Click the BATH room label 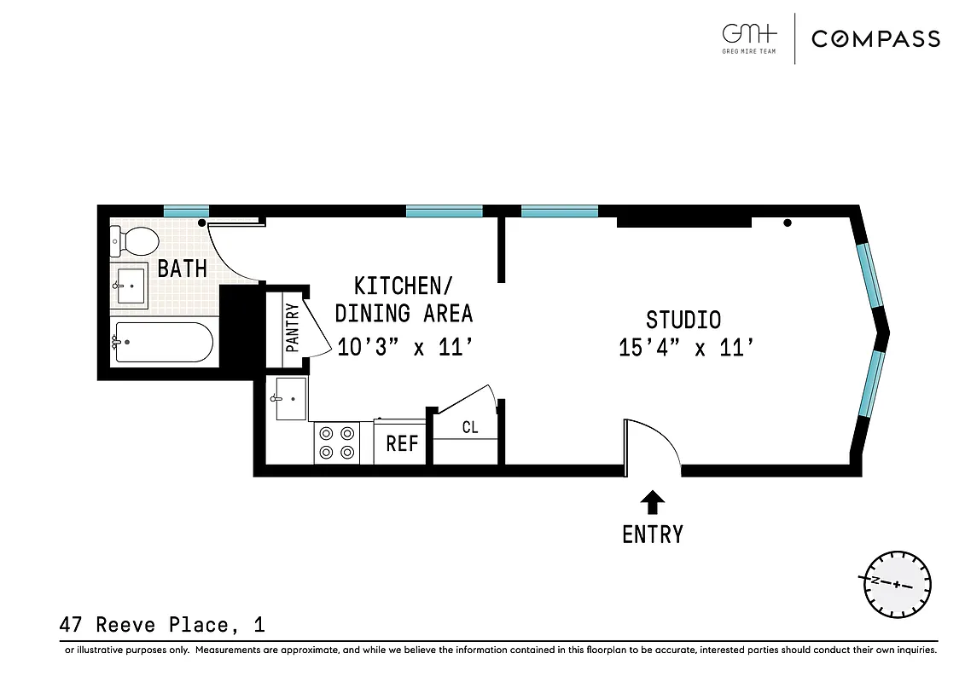pos(182,269)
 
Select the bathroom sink pos(130,286)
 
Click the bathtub pos(162,342)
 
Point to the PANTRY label pos(292,328)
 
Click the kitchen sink pos(288,397)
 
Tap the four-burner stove pos(336,442)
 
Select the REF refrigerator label pos(402,444)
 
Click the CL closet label pos(469,427)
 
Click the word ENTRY pos(652,535)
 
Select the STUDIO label pos(683,320)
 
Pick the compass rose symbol pos(897,585)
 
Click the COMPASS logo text pos(875,38)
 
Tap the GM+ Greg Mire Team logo pos(750,38)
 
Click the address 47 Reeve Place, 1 pos(162,626)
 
